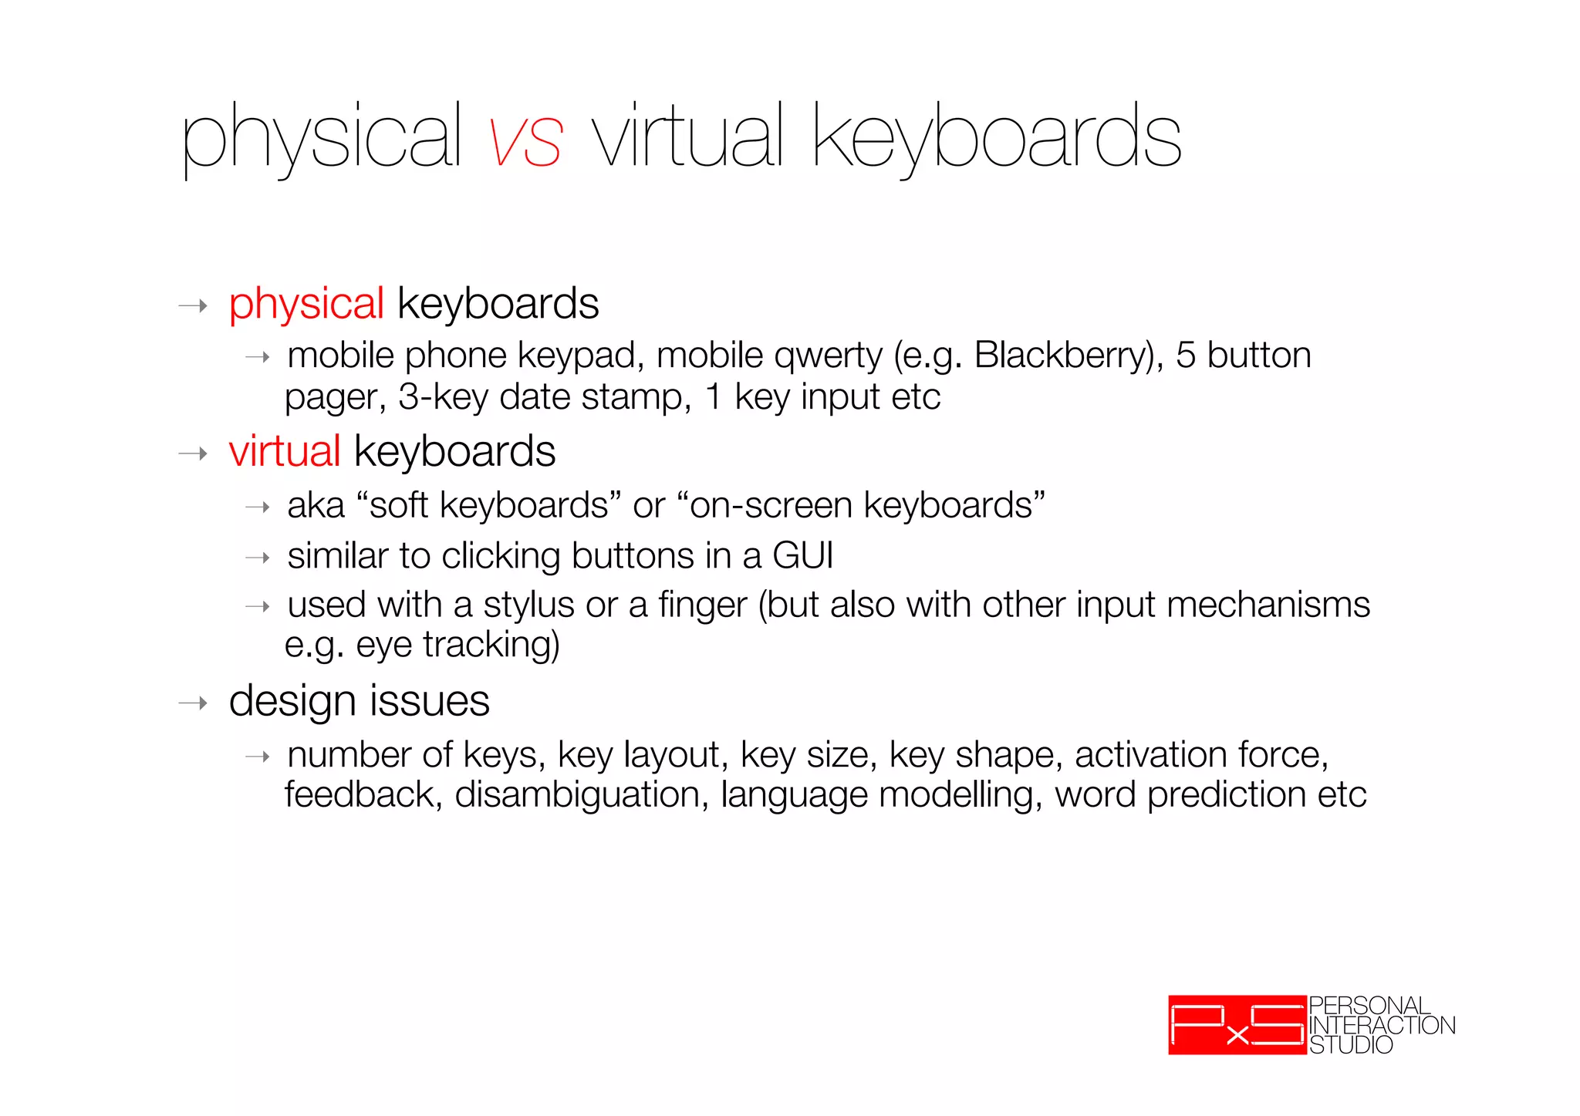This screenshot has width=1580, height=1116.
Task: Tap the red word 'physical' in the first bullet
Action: coord(306,304)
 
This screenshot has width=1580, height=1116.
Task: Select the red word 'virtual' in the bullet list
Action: coord(285,451)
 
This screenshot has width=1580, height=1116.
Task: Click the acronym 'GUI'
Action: coord(802,556)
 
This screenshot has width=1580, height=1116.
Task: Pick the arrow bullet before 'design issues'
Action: coord(193,703)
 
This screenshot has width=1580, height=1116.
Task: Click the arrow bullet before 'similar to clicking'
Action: coord(257,558)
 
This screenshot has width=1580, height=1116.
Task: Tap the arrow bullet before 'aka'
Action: coord(257,507)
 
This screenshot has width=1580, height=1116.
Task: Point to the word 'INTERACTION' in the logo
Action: coord(1382,1026)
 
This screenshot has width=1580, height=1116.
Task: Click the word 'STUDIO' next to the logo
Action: coord(1351,1045)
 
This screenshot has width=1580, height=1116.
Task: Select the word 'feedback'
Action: coord(360,795)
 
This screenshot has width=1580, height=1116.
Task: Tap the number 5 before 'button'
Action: coord(1185,356)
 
